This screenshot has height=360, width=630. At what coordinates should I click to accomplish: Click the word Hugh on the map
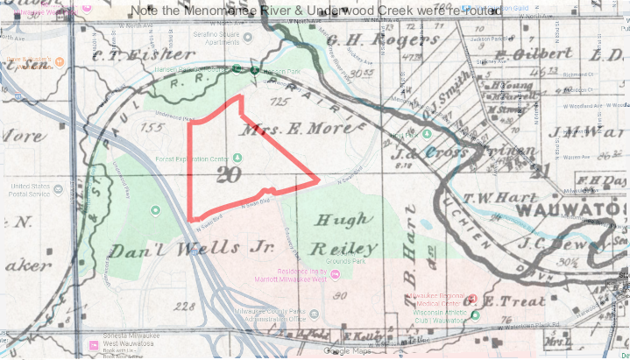[342, 221]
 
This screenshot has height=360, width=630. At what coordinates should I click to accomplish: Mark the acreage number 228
[184, 307]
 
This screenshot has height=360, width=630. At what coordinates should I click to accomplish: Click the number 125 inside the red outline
[280, 103]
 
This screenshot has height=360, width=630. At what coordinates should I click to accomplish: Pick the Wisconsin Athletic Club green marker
[475, 314]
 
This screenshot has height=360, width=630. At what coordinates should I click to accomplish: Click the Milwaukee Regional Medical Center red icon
[474, 298]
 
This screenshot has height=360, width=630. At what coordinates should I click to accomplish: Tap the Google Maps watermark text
[348, 351]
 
